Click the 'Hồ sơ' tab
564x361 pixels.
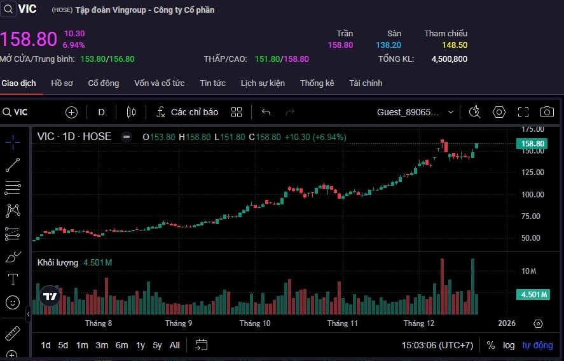[x=62, y=83]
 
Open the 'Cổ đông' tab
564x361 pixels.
[x=104, y=83]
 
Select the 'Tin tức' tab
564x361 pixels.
[x=212, y=83]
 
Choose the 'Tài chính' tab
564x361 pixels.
[x=366, y=83]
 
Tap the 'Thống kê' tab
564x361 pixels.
[x=317, y=83]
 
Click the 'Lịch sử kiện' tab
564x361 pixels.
[x=263, y=83]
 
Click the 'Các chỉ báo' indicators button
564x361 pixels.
[x=187, y=112]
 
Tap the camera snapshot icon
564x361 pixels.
[x=546, y=112]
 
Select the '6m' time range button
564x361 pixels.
[x=121, y=345]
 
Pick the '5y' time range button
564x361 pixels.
[x=157, y=345]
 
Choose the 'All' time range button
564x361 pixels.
[x=174, y=345]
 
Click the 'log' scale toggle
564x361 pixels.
[x=509, y=345]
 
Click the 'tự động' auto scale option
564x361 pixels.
[x=538, y=345]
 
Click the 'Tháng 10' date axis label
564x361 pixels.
[x=254, y=323]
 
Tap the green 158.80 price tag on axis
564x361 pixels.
[x=532, y=144]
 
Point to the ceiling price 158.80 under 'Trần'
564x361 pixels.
[x=340, y=45]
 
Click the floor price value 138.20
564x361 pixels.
[x=389, y=45]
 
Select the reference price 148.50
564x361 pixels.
[x=455, y=45]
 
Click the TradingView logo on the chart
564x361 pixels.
[x=50, y=296]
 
